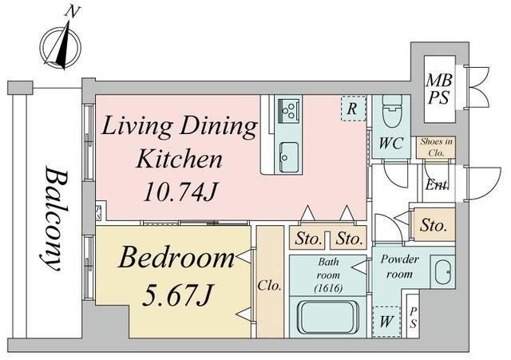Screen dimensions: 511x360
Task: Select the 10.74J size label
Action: (180, 192)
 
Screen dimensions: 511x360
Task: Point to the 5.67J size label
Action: (178, 295)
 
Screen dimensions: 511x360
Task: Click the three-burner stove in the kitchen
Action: (288, 110)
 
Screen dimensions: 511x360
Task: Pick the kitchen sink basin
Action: (289, 157)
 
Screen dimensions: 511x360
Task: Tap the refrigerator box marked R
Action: (353, 109)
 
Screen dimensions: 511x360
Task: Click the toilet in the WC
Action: (392, 111)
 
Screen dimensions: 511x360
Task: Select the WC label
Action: (391, 143)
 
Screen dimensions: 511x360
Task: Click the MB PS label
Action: (439, 89)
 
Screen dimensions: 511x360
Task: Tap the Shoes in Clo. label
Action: (436, 147)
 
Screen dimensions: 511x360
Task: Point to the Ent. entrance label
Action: (437, 184)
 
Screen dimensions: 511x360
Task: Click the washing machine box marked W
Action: (386, 322)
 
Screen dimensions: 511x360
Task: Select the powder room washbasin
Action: (442, 272)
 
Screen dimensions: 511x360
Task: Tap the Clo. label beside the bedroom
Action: (269, 286)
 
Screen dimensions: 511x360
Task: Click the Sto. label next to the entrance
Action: (433, 225)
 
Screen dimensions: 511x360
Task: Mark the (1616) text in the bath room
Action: (328, 288)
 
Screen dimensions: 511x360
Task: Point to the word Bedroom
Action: (176, 258)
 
